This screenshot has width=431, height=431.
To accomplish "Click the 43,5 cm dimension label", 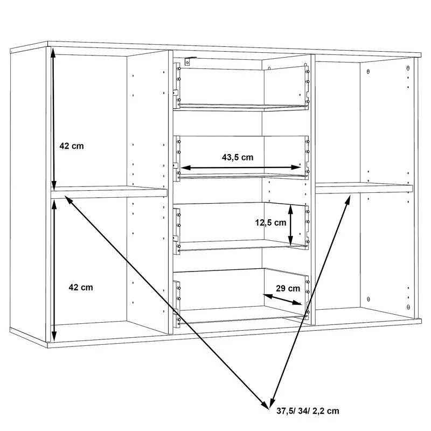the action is coord(238,157).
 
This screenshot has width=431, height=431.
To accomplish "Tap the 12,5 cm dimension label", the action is coord(270,223).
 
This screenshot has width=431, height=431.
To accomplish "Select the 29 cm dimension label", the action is coord(288,288).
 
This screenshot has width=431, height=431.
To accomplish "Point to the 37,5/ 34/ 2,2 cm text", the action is coord(308,411).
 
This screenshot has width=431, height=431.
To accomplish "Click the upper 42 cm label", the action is coord(72,146).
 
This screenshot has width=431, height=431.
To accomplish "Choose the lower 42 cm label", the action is coord(80,287).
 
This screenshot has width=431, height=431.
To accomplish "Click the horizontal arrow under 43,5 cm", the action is coord(241,168).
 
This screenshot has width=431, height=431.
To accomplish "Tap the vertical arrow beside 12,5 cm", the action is coord(290,224).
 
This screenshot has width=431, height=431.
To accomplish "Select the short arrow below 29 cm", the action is coord(282,300).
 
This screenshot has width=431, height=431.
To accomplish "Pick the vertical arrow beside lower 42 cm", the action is coord(54,270).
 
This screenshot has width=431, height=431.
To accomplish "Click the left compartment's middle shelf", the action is coord(109,192).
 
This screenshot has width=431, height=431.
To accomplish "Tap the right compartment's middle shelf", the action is coord(364,188).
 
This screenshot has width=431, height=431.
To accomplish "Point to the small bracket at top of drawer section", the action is coord(190,61).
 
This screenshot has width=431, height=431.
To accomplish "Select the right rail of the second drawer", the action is coord(307,157).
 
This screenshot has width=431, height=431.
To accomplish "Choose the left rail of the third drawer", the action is coord(177,231).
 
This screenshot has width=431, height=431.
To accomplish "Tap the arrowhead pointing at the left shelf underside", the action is coord(69,200).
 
